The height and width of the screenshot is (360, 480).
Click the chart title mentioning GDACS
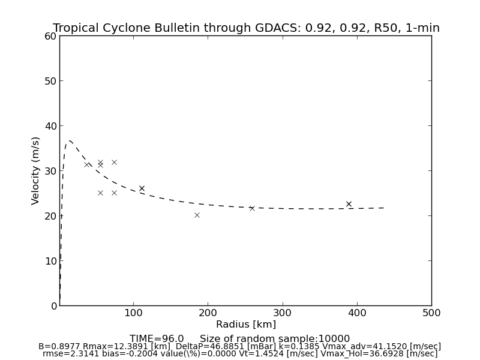tap(246, 28)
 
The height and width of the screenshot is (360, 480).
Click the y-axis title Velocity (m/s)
tap(36, 170)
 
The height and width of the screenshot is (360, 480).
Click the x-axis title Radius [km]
tap(246, 325)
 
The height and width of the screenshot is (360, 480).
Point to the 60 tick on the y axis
tap(50, 36)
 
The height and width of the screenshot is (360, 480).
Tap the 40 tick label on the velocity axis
tap(50, 126)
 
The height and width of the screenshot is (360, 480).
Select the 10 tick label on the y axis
tap(50, 261)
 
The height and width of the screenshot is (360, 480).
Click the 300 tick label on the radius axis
tap(283, 313)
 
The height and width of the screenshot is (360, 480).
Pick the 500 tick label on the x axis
tap(431, 313)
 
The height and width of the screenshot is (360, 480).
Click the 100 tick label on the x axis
tap(134, 313)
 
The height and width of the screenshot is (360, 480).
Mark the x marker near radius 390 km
tap(349, 204)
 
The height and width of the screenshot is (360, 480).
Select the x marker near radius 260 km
tap(252, 208)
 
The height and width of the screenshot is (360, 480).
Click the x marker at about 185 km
tap(197, 215)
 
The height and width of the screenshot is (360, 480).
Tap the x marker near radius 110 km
tap(142, 188)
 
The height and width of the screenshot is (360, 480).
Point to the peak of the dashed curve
tap(70, 141)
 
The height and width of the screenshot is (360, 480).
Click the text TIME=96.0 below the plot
tap(157, 339)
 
